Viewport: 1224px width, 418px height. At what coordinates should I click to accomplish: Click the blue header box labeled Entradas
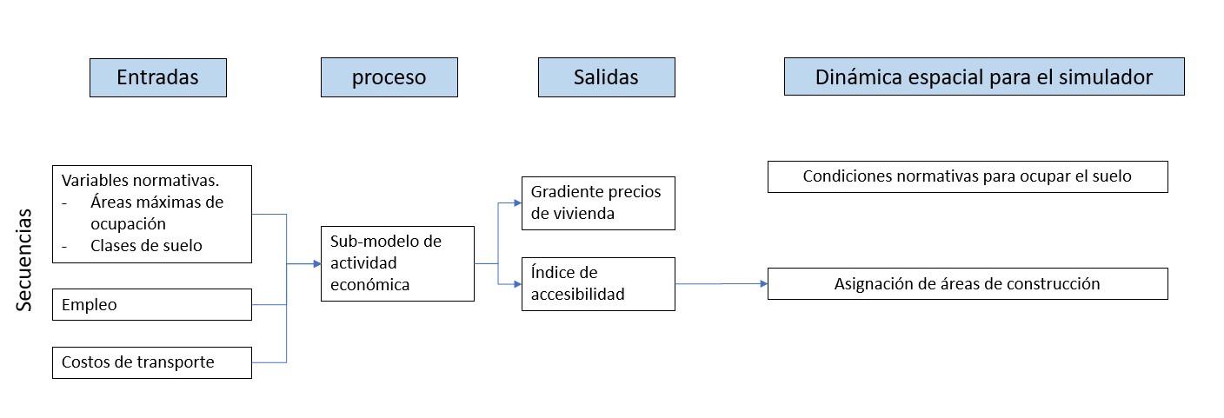pyautogui.click(x=157, y=77)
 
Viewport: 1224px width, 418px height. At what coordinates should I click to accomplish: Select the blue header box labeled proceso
pyautogui.click(x=389, y=77)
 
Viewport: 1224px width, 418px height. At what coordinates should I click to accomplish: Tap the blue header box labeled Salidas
pyautogui.click(x=606, y=77)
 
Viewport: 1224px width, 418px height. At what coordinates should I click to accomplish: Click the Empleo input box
pyautogui.click(x=152, y=305)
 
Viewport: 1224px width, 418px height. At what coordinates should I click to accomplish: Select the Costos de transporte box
pyautogui.click(x=152, y=362)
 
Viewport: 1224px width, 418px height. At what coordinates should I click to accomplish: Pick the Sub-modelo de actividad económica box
pyautogui.click(x=397, y=263)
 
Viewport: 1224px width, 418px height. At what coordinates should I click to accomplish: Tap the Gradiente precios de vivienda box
pyautogui.click(x=598, y=203)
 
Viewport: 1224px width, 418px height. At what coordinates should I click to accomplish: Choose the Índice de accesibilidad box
pyautogui.click(x=598, y=284)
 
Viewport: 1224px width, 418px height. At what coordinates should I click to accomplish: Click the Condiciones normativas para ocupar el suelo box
pyautogui.click(x=968, y=176)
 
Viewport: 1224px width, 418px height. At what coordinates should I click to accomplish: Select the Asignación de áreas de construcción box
pyautogui.click(x=968, y=284)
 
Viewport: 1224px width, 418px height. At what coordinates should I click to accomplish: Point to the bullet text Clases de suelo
pyautogui.click(x=146, y=246)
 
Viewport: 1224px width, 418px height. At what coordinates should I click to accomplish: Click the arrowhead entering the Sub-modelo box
pyautogui.click(x=316, y=263)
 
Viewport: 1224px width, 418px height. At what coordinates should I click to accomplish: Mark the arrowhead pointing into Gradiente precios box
pyautogui.click(x=516, y=203)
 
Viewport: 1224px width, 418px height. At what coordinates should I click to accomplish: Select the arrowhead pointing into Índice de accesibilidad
pyautogui.click(x=516, y=284)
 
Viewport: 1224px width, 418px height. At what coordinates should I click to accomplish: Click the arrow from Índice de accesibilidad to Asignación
pyautogui.click(x=722, y=284)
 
